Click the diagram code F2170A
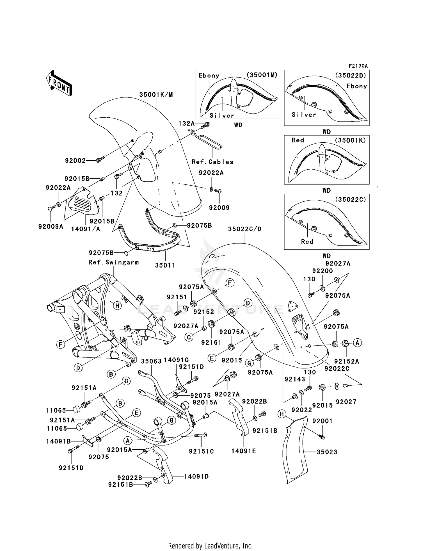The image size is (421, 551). (358, 66)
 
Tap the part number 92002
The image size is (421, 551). (75, 161)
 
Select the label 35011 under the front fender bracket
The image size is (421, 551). (165, 265)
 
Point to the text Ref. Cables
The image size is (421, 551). (212, 162)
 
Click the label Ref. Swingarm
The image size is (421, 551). (114, 262)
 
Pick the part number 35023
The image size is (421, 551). (327, 452)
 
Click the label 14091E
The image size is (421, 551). (244, 451)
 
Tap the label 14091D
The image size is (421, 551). (196, 477)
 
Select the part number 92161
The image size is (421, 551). (211, 342)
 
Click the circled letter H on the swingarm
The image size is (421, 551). (117, 306)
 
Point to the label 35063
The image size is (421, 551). (151, 361)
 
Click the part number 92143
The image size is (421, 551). (295, 379)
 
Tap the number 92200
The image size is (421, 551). (322, 271)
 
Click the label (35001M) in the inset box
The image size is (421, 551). (262, 75)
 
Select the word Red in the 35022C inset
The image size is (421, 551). (307, 242)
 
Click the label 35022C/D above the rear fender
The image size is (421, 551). (244, 229)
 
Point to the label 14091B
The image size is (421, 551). (58, 441)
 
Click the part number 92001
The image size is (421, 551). (322, 421)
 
